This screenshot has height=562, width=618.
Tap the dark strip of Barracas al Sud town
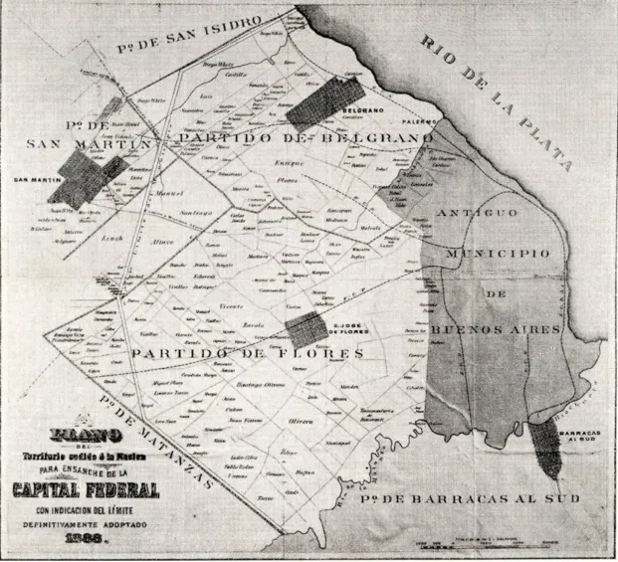[x=544, y=450]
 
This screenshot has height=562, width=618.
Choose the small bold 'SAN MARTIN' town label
[x=32, y=180]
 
